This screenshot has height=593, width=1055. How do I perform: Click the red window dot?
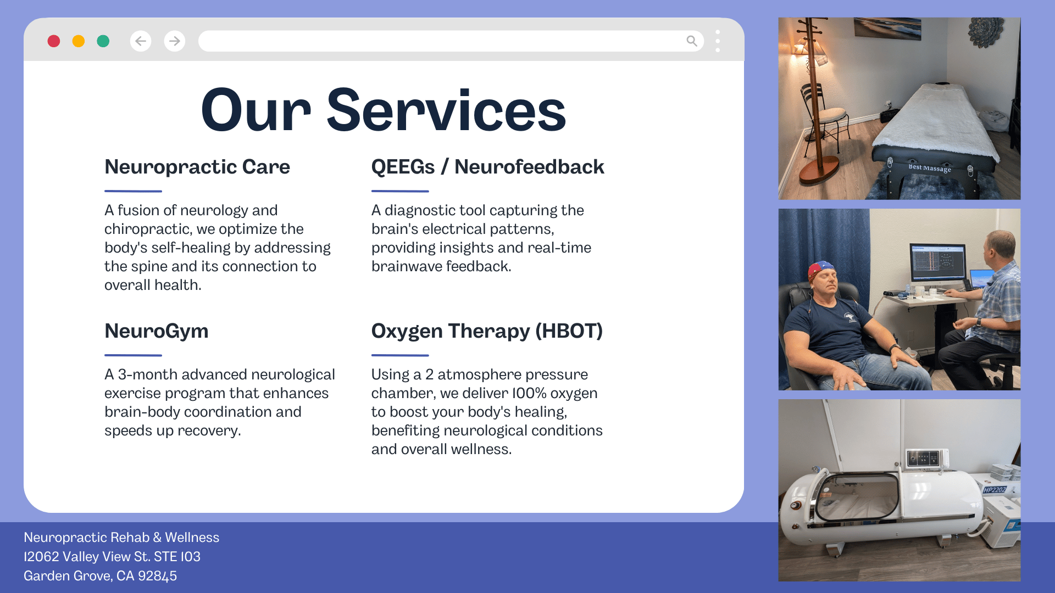pos(54,41)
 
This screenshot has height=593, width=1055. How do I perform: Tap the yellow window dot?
pos(79,41)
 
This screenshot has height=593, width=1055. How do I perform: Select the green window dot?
pos(103,41)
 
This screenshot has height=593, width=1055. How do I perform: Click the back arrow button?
pos(141,41)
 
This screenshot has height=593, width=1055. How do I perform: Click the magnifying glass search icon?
pos(692,41)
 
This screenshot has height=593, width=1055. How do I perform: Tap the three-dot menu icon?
pos(718,41)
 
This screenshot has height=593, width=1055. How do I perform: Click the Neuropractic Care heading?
pos(197,167)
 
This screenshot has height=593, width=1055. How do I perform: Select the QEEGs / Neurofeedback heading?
pos(487,167)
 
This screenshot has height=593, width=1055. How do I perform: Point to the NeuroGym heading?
pos(157,331)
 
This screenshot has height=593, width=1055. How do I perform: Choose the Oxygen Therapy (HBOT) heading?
pos(487,331)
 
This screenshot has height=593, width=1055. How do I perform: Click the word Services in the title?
pos(446,111)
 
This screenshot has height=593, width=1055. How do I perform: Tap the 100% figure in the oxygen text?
pos(529,393)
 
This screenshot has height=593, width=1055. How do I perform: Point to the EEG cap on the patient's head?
pos(821,270)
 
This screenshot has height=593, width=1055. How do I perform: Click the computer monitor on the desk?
pos(937,262)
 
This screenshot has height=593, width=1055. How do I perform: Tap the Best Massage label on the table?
pos(930,167)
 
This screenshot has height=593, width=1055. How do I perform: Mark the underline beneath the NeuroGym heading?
pos(133,355)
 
